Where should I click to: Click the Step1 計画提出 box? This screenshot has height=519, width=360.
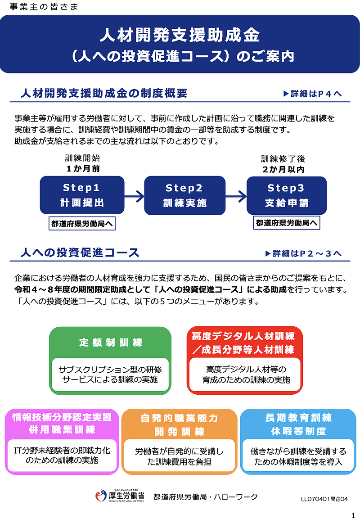82,195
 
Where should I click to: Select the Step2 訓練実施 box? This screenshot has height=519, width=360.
184,195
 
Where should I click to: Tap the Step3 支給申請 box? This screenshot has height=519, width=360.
287,195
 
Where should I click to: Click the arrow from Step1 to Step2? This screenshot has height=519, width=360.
134,196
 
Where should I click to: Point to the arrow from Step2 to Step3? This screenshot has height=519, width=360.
236,196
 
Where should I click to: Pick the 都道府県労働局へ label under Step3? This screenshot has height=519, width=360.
287,222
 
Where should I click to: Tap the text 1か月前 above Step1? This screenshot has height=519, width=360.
82,169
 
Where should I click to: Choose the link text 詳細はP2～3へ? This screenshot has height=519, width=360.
304,253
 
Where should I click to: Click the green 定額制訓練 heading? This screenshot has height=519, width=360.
110,343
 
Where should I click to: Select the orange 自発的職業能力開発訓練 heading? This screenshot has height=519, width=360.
179,424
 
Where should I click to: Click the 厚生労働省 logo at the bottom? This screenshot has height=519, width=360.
120,496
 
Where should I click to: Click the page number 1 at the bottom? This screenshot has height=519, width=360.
353,514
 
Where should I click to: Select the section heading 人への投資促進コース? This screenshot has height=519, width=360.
80,253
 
